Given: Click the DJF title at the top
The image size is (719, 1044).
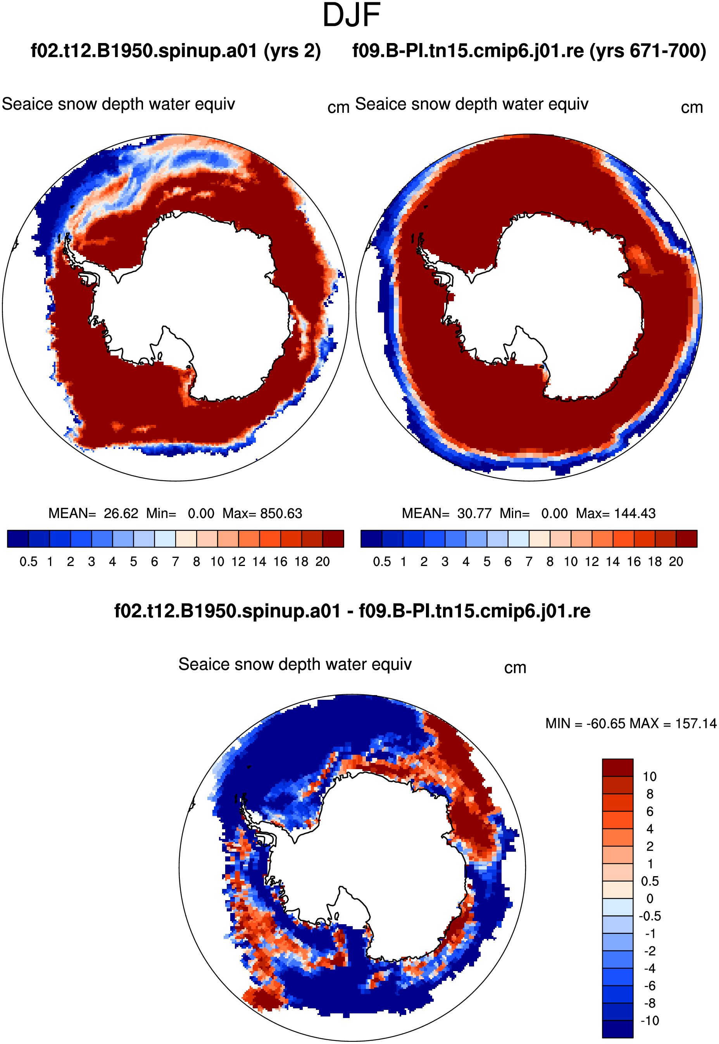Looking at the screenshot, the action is [x=352, y=15].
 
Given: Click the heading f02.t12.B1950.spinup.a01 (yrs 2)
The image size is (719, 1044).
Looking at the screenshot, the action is [x=176, y=51].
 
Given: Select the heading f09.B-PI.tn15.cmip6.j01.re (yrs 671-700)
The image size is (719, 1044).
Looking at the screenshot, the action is [x=529, y=51].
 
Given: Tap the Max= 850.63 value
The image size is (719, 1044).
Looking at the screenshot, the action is [x=262, y=513].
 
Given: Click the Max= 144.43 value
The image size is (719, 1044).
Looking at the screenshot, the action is [x=616, y=513].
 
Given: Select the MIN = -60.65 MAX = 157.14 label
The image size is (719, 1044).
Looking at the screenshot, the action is [x=631, y=724].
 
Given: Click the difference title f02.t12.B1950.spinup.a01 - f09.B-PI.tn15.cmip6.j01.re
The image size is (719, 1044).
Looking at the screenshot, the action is [x=352, y=611].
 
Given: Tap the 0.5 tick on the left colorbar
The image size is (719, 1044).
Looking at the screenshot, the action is [x=28, y=562].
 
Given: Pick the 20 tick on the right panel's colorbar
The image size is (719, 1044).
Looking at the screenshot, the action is [x=676, y=562].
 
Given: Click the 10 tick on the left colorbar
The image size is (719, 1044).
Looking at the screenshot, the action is [x=217, y=562].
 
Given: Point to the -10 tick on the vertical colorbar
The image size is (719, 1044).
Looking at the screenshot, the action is [x=650, y=1021].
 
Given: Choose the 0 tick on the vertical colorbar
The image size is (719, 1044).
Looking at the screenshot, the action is [x=650, y=899].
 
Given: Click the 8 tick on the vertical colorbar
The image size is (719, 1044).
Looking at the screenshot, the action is [x=650, y=794].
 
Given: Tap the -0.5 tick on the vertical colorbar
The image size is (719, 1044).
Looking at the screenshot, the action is [x=650, y=916].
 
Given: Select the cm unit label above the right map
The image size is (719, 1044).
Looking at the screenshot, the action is [x=692, y=108].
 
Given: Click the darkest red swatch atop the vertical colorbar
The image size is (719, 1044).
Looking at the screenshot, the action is [x=617, y=767].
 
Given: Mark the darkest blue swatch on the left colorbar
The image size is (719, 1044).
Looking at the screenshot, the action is [x=18, y=539].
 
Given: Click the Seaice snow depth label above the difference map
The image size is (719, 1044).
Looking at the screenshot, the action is [x=295, y=664].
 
